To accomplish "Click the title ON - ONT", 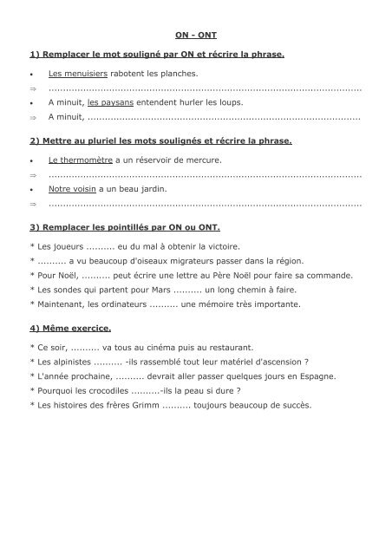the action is point(196,36).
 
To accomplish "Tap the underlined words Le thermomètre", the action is point(81,160).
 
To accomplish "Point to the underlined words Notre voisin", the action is point(72,188).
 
